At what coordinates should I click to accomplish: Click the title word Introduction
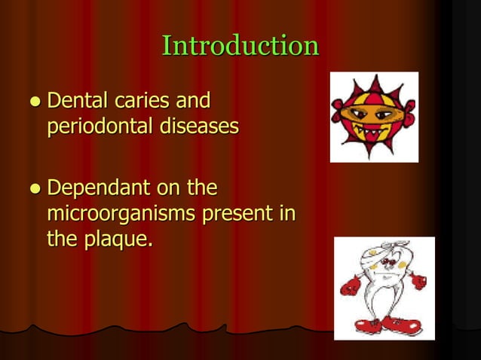(240, 46)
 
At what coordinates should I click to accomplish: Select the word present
(237, 215)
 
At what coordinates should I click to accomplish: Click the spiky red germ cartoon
(374, 117)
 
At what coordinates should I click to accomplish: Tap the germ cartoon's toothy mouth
(373, 130)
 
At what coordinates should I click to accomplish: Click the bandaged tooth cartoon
(384, 288)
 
